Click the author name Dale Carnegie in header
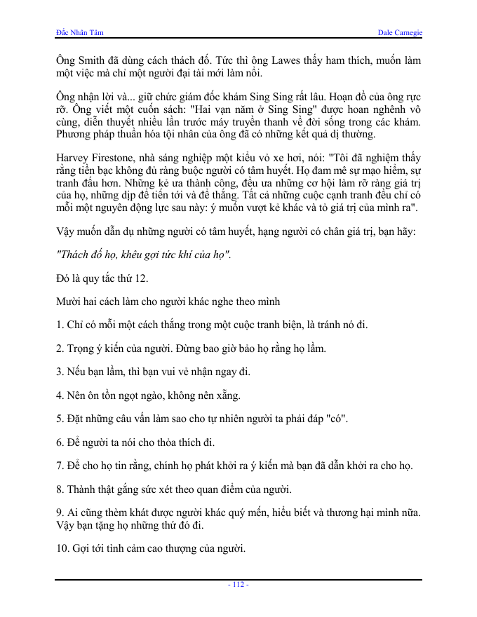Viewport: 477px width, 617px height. tap(399, 33)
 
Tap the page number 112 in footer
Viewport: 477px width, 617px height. tap(238, 585)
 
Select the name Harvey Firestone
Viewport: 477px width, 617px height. tap(93, 158)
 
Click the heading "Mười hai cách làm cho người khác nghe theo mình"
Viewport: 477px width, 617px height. tap(168, 301)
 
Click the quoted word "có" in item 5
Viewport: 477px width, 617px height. tap(339, 419)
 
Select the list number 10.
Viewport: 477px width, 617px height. tap(62, 548)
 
